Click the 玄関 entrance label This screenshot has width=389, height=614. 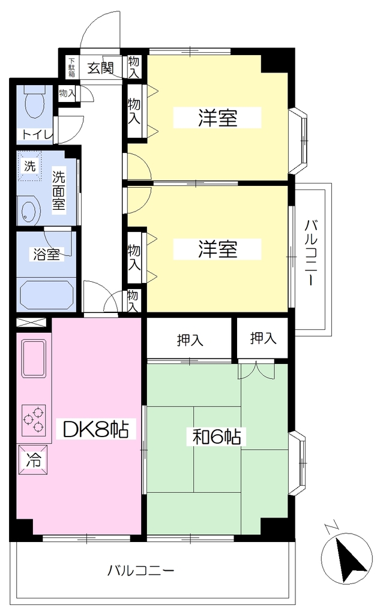tap(100, 68)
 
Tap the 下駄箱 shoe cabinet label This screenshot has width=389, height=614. tap(71, 67)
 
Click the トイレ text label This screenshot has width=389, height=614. tap(37, 135)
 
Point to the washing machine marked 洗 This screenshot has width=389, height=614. tap(30, 167)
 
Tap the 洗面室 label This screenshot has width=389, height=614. tap(59, 191)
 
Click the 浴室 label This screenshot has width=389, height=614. tap(46, 254)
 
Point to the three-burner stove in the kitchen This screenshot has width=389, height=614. tap(34, 419)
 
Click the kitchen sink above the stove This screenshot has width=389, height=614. tap(34, 359)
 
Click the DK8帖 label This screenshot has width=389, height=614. tap(96, 429)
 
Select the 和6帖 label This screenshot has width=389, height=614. tap(217, 437)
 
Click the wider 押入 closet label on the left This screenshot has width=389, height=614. tap(190, 340)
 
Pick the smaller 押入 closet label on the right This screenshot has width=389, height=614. tap(263, 338)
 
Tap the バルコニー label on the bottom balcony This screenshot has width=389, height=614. tap(141, 570)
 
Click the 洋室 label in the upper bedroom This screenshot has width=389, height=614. tap(218, 118)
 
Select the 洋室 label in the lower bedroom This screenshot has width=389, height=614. tap(218, 249)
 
